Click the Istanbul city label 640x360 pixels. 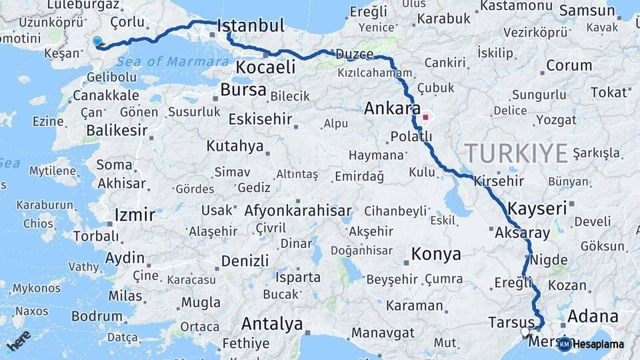point(251,27)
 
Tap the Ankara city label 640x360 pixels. point(392,109)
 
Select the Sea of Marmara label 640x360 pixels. point(172,62)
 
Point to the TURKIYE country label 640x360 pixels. point(517,153)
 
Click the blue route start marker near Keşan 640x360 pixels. point(97,41)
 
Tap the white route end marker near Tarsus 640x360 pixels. point(525,331)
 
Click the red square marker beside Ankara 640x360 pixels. point(425,117)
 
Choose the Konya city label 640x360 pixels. point(436,254)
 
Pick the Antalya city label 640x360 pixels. point(272,325)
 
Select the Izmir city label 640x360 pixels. point(135,215)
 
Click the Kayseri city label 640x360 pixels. point(537,208)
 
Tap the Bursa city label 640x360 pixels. point(243,89)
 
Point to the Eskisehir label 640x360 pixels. point(260,119)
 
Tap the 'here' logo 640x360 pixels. point(19,340)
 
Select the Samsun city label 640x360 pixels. point(587,11)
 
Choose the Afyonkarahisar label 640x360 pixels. point(298,211)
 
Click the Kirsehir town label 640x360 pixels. point(499,181)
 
